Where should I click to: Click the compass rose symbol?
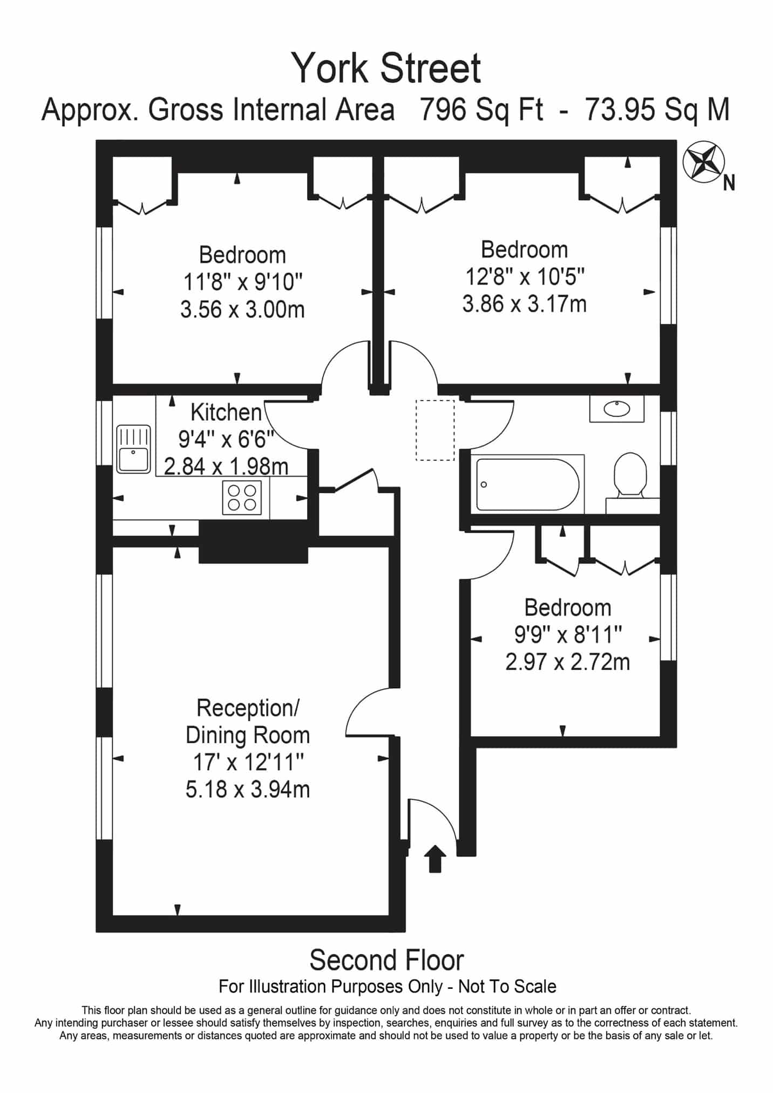(703, 161)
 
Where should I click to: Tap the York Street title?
(386, 68)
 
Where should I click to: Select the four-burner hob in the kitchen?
(242, 497)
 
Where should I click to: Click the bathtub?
(528, 484)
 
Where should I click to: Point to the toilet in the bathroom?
(631, 475)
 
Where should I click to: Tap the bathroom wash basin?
(617, 409)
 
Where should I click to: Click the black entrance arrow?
(435, 859)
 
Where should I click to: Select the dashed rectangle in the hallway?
(435, 430)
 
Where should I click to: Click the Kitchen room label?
(226, 412)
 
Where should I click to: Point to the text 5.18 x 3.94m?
(248, 790)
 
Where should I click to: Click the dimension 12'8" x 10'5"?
(525, 277)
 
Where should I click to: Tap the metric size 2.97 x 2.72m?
(568, 662)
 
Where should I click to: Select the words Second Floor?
(386, 960)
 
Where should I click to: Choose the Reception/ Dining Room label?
(248, 722)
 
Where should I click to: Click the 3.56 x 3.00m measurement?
(242, 310)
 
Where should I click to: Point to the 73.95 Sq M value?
(658, 110)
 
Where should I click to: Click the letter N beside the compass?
(729, 184)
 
